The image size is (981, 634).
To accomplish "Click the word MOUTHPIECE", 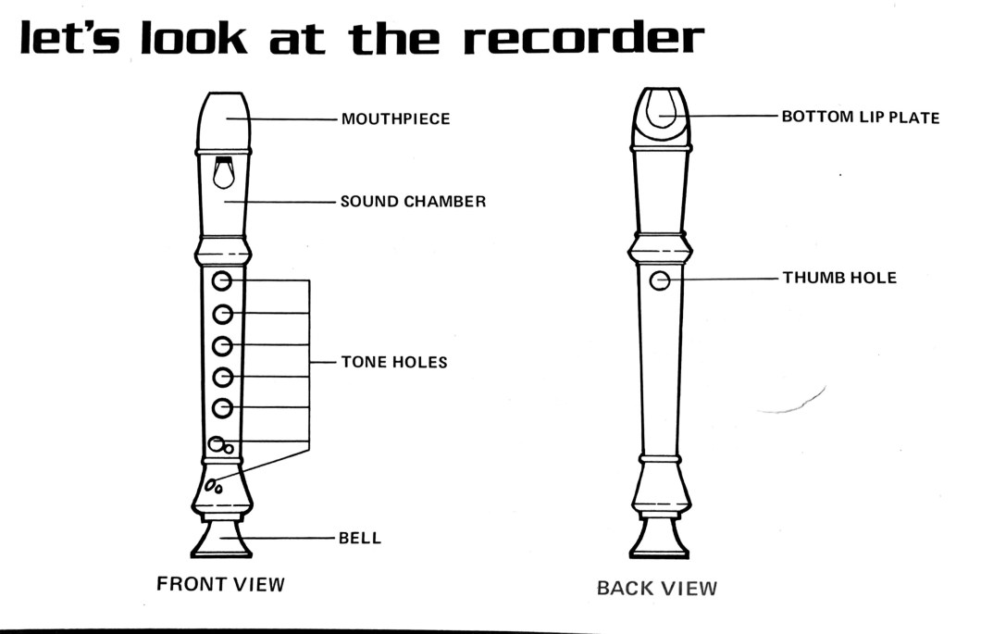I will coord(395,119).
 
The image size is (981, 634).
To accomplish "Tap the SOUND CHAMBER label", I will coord(413,202).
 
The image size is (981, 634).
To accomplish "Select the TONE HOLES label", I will coord(393,363).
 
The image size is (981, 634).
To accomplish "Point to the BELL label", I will coord(361,538).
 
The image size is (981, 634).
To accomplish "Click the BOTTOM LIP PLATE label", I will coord(860,118).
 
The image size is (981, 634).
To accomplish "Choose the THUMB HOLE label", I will coord(839,278).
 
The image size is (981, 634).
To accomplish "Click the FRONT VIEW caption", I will coord(220,584).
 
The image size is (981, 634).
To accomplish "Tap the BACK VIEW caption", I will coord(656,588).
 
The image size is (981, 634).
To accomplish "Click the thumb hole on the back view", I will coord(659,280).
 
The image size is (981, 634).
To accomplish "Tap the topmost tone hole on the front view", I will coord(222,280).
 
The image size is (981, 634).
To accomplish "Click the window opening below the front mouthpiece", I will coord(223,174).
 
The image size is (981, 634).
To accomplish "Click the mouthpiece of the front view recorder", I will coord(223,118).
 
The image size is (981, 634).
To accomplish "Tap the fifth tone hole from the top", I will coord(222,407).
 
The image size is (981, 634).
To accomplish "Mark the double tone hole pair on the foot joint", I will coord(215,484).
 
